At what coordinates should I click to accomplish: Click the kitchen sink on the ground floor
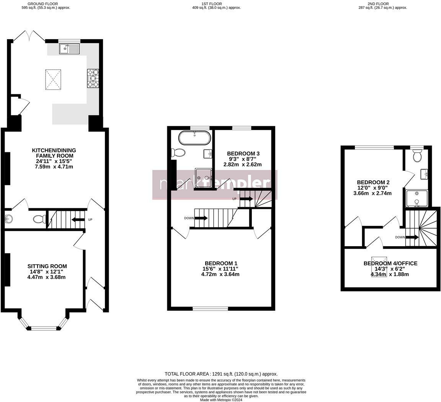[x=69, y=49]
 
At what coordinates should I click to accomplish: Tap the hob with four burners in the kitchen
[x=93, y=78]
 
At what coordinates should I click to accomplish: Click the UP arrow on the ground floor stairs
[x=79, y=219]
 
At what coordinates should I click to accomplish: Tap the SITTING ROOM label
[x=47, y=266]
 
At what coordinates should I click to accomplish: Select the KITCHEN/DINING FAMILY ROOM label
[x=54, y=153]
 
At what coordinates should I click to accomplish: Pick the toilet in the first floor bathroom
[x=178, y=153]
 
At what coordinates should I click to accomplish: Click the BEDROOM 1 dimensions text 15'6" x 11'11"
[x=221, y=269]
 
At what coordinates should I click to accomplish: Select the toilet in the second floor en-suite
[x=417, y=156]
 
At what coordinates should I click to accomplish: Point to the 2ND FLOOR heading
[x=378, y=4]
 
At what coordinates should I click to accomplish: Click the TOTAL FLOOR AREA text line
[x=221, y=374]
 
